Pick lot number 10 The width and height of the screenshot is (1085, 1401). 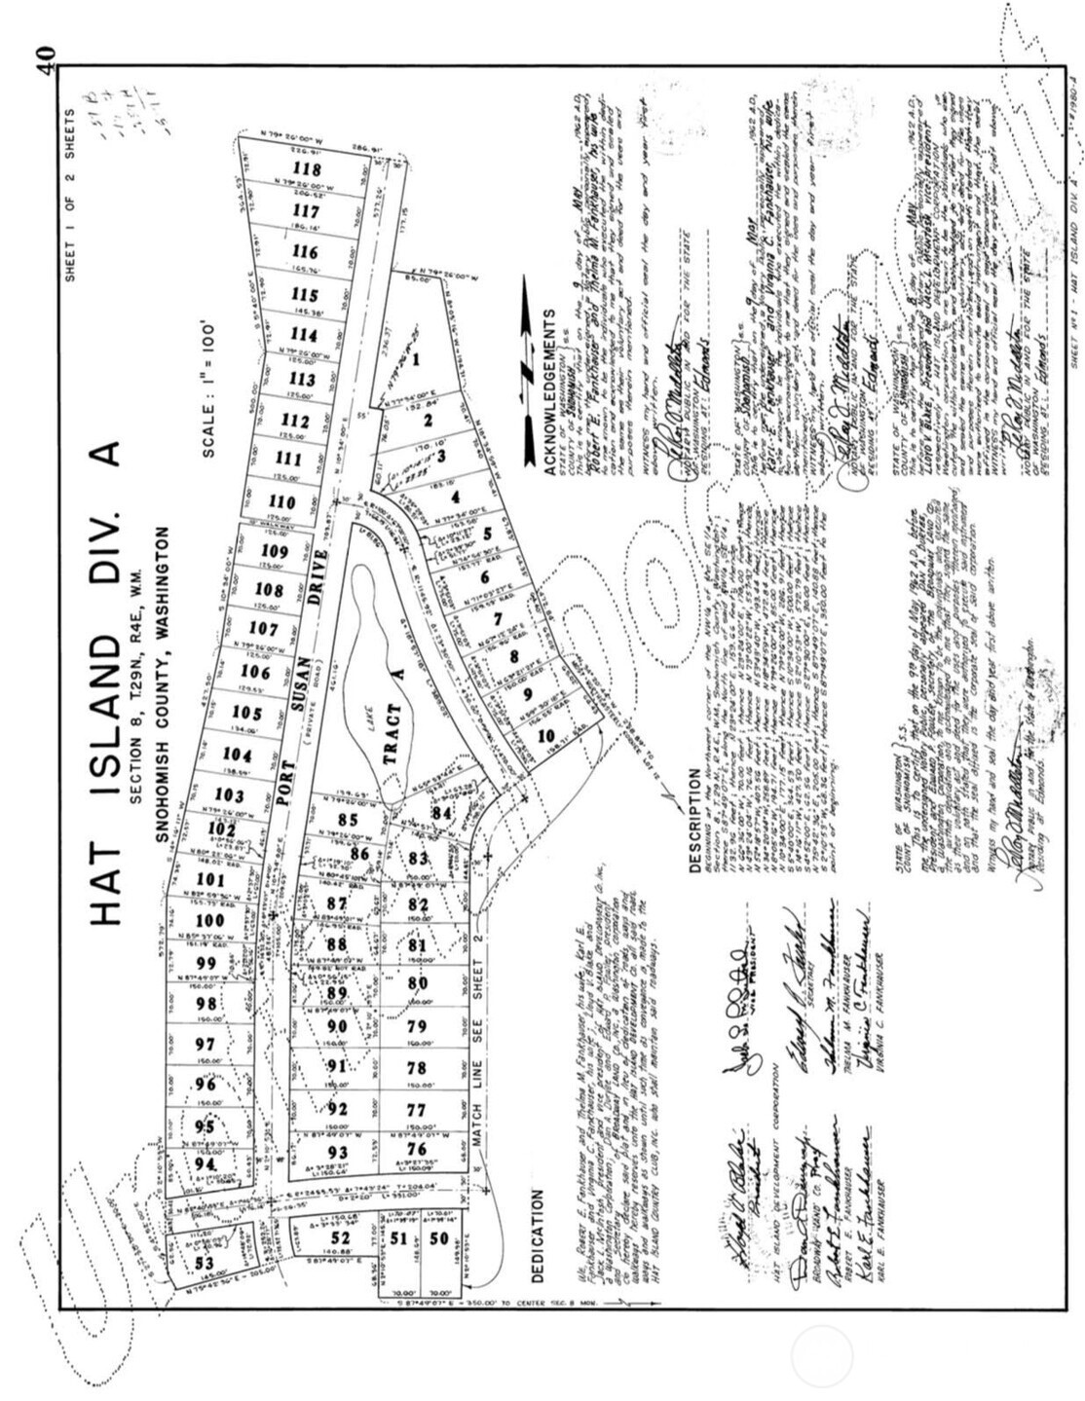(545, 734)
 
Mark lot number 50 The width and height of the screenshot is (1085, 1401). (440, 1237)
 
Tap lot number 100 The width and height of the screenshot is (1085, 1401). (208, 921)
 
